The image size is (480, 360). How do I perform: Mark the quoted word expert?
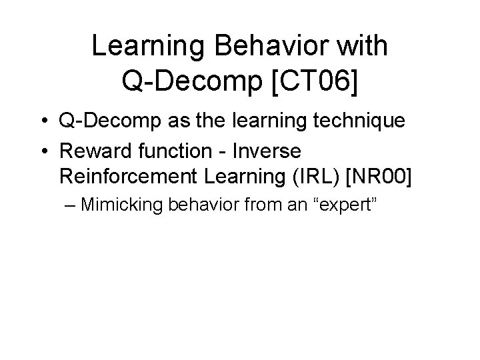click(347, 203)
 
